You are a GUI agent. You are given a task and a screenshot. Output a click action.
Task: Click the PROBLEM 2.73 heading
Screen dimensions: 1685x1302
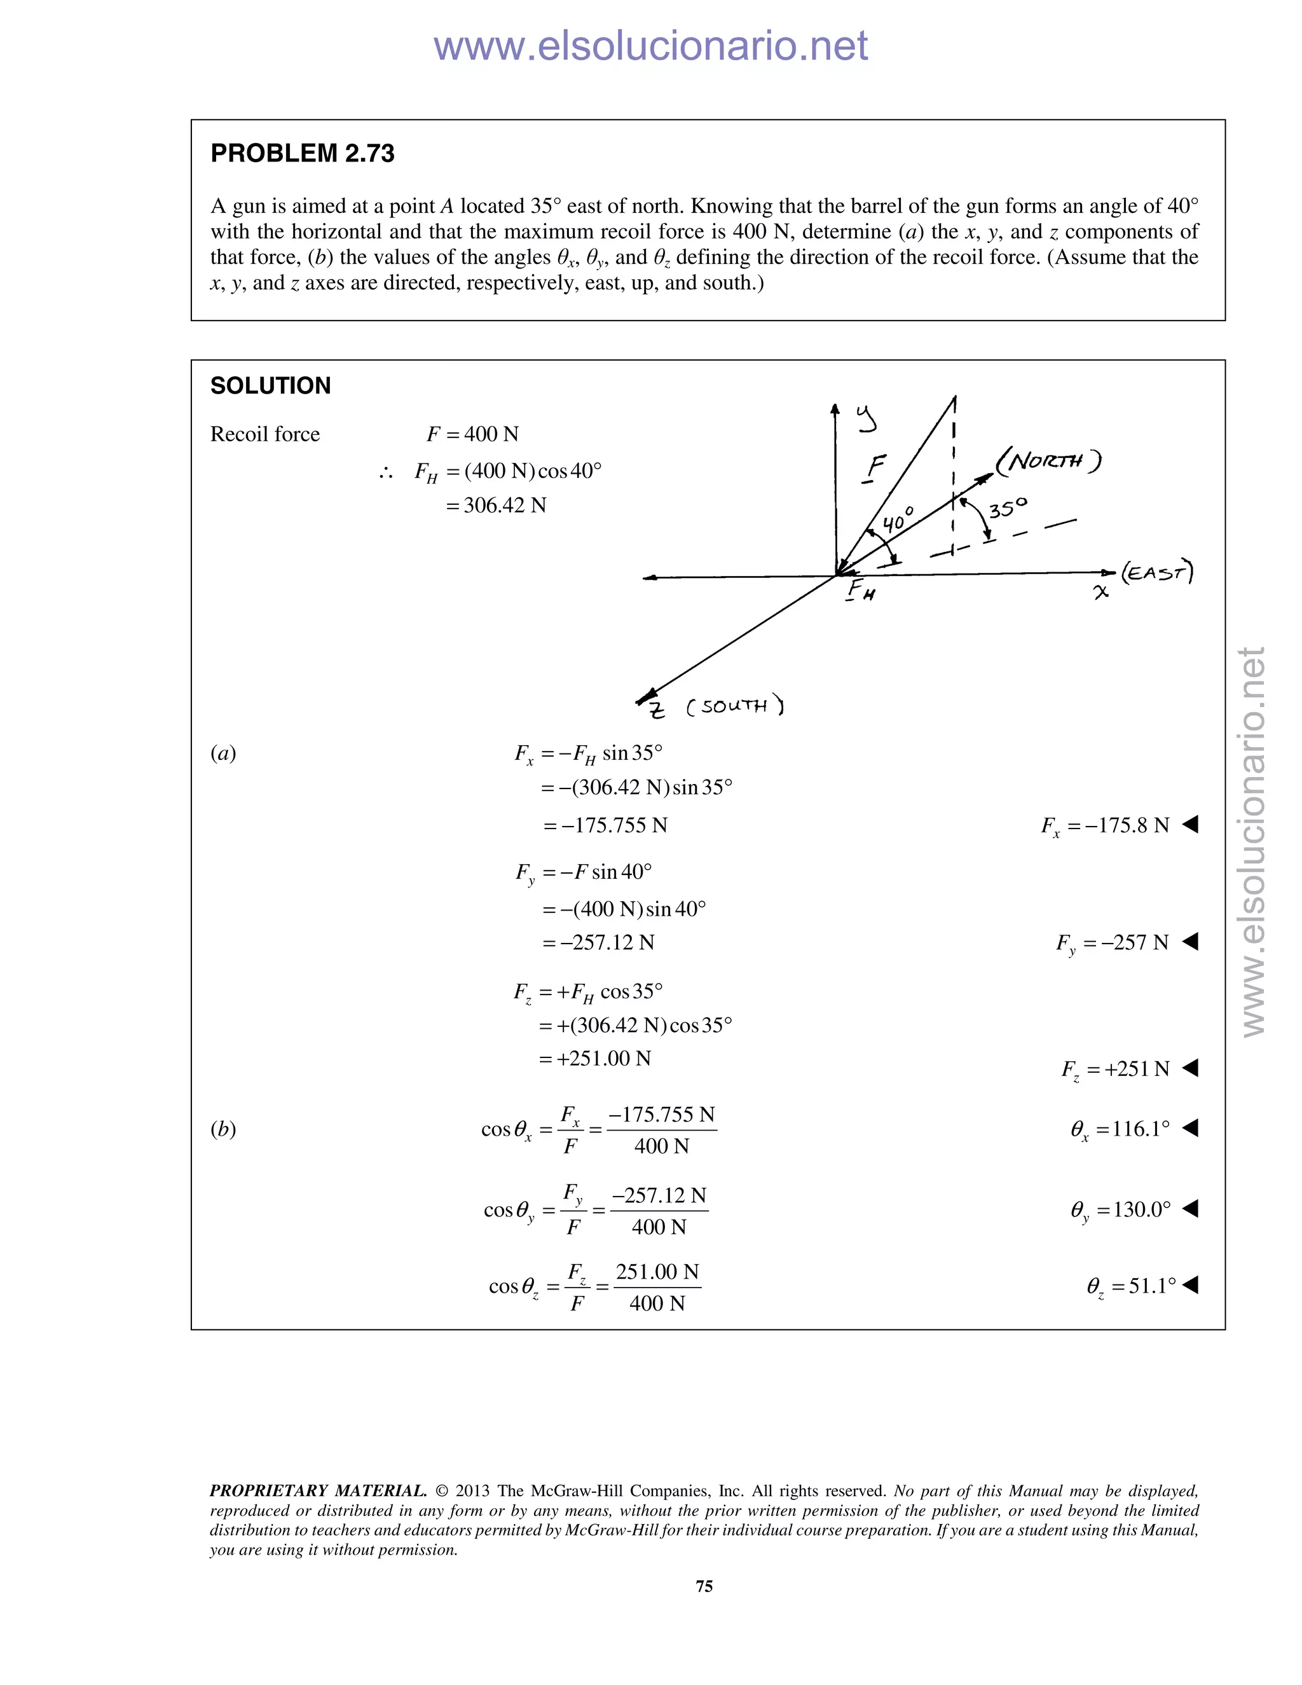pyautogui.click(x=303, y=153)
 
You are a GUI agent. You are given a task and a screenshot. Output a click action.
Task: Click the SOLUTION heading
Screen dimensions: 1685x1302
pyautogui.click(x=270, y=386)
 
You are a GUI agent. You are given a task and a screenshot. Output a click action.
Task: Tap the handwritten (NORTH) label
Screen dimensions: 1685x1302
pyautogui.click(x=1048, y=462)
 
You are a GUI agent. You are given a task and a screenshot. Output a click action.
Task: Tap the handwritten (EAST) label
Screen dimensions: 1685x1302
pyautogui.click(x=1157, y=572)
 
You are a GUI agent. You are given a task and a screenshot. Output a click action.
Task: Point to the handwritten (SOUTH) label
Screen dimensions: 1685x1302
pyautogui.click(x=734, y=706)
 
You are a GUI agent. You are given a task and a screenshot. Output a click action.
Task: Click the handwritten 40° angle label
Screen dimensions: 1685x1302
pyautogui.click(x=898, y=520)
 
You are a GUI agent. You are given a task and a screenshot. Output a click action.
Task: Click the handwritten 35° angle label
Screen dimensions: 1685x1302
pyautogui.click(x=1008, y=509)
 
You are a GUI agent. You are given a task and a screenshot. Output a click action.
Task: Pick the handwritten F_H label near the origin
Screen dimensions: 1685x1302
pyautogui.click(x=860, y=591)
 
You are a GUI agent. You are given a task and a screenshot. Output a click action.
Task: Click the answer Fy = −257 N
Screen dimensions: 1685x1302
pyautogui.click(x=1113, y=943)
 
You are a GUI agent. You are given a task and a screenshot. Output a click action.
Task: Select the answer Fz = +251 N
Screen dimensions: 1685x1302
pyautogui.click(x=1115, y=1069)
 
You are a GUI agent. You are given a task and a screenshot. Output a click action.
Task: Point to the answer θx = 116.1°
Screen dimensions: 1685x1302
pyautogui.click(x=1120, y=1129)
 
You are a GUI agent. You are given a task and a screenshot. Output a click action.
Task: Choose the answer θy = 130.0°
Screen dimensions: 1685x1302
pyautogui.click(x=1120, y=1210)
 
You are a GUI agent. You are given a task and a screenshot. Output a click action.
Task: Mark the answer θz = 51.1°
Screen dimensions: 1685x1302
pyautogui.click(x=1131, y=1286)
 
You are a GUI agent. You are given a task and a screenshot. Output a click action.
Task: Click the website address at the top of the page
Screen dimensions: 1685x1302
pyautogui.click(x=650, y=46)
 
